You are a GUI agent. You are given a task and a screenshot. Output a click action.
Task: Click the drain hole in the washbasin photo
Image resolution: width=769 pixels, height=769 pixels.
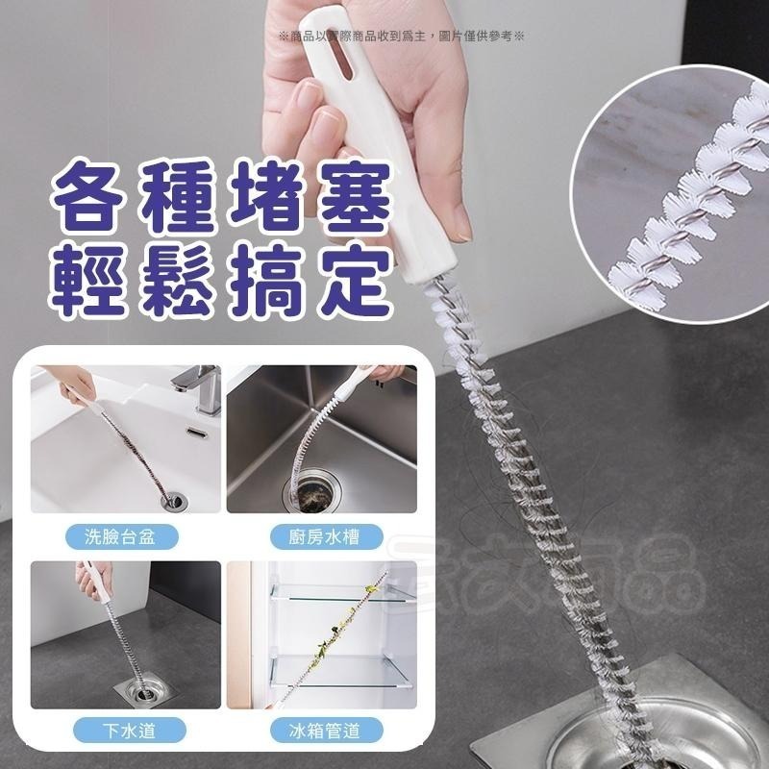point(173,498)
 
